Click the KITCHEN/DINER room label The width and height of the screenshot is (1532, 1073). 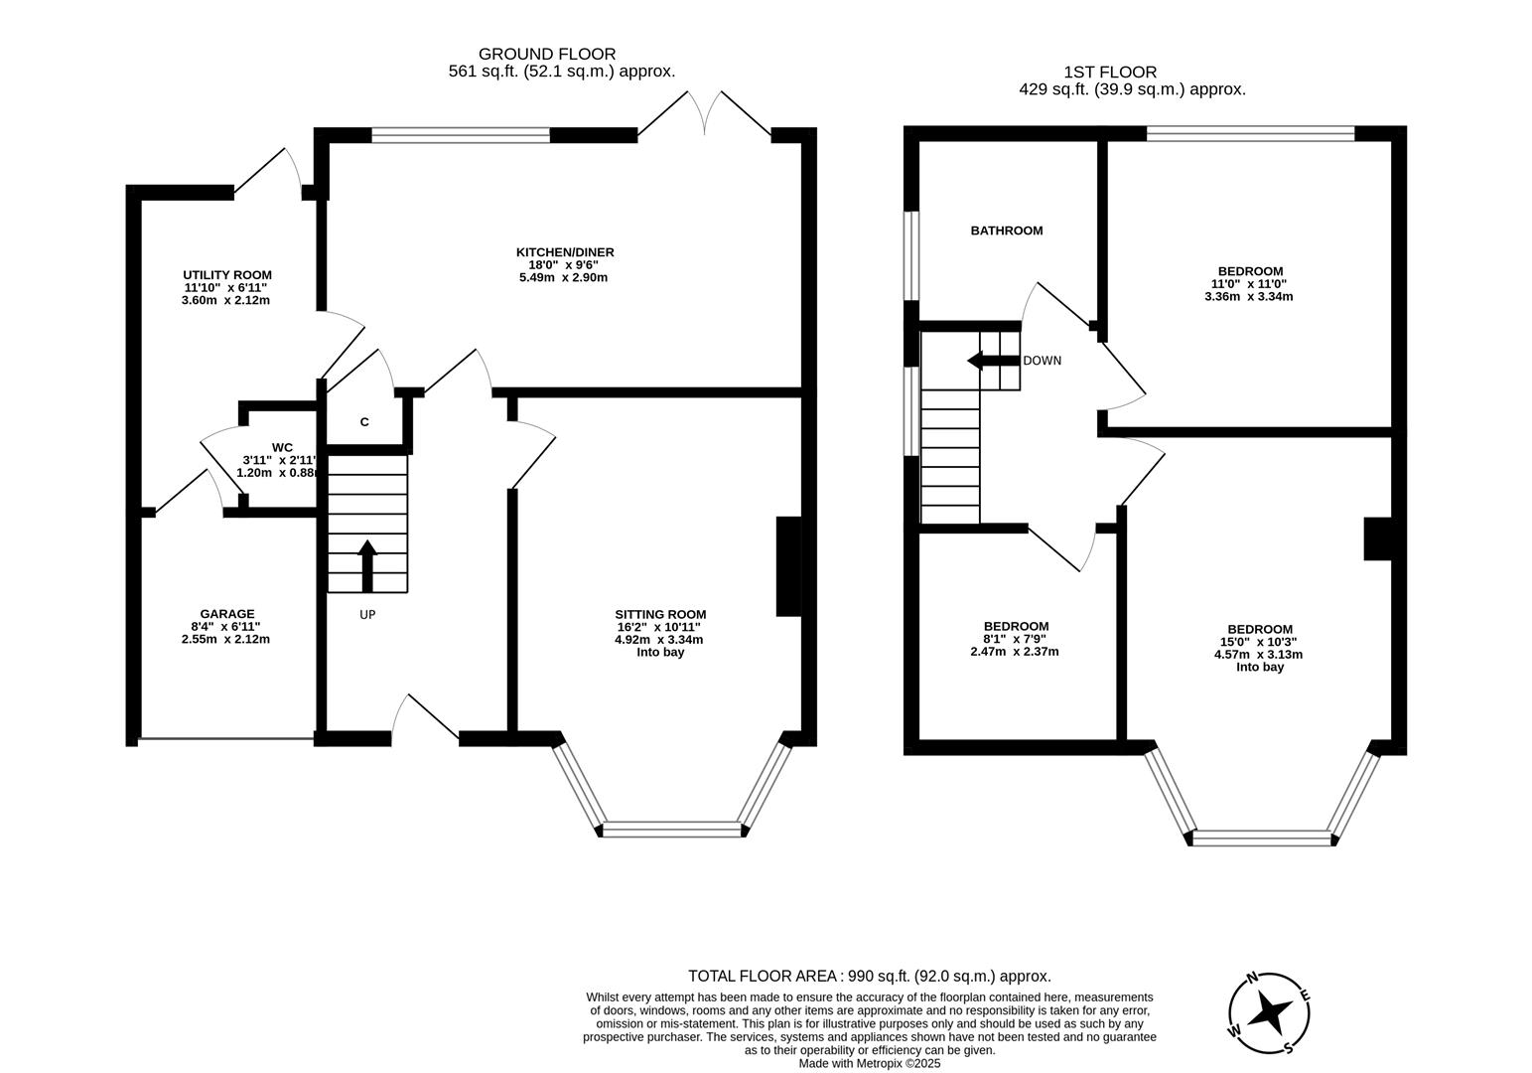coord(564,252)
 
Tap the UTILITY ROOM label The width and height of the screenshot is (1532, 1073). coord(226,275)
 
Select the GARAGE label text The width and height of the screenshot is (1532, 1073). coord(226,614)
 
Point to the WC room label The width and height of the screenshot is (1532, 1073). coord(282,447)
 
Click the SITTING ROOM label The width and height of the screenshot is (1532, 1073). coord(660,614)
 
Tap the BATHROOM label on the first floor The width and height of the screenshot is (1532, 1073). coord(1006,230)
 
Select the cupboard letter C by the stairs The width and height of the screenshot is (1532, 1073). coord(364,422)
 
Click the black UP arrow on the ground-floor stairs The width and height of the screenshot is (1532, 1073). coord(367,565)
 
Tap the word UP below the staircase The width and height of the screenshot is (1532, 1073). coord(367,615)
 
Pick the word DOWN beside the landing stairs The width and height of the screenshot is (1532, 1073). coord(1042,361)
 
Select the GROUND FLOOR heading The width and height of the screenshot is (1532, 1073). coord(546,54)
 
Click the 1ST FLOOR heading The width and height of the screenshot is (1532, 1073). coord(1109,72)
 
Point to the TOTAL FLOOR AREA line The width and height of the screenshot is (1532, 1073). coord(869,976)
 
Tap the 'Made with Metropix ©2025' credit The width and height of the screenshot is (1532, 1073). coord(869,1063)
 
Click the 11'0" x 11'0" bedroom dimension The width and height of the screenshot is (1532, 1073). coord(1249,283)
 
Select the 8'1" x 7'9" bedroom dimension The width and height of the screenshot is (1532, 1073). coord(1014,639)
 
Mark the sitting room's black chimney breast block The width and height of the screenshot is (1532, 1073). coord(788,566)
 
